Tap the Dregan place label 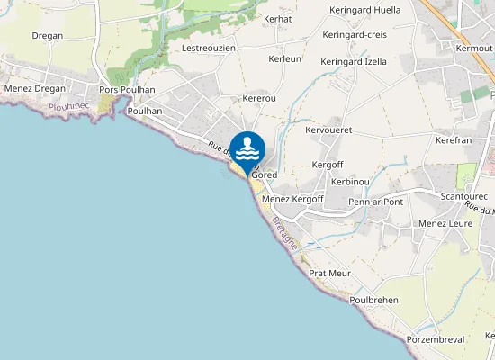pos(47,35)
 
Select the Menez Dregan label pos(36,89)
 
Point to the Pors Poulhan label pos(128,90)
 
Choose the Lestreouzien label pos(210,48)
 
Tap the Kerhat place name pos(278,18)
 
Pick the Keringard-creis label pos(355,35)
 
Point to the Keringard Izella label pos(354,62)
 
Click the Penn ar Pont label pos(375,202)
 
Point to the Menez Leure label pos(445,223)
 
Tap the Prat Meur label pos(329,273)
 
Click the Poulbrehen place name pos(373,300)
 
